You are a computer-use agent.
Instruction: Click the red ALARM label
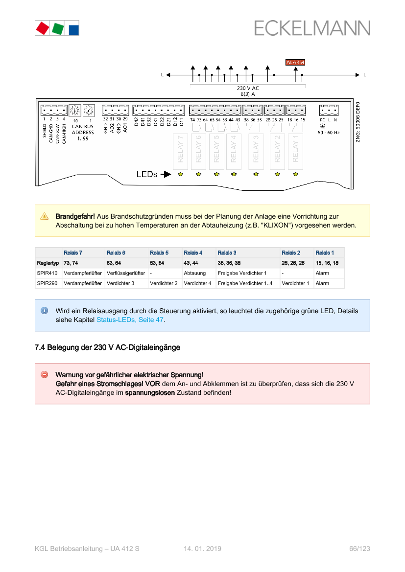(295, 63)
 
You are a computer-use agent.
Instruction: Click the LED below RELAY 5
(216, 174)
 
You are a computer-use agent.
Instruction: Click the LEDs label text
(146, 174)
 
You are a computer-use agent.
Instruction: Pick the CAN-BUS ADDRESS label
(83, 130)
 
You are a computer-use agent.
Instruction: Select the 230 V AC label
(248, 88)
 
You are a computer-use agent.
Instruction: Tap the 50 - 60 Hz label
(329, 133)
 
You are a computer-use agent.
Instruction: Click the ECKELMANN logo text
(312, 28)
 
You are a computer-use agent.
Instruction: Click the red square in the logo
(42, 28)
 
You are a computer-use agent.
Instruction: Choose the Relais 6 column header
(116, 253)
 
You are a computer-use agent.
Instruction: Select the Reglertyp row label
(48, 263)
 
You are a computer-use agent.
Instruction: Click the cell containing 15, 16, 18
(327, 263)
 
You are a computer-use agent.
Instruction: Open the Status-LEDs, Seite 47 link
(130, 320)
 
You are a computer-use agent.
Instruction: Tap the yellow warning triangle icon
(44, 216)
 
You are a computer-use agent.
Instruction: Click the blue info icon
(44, 311)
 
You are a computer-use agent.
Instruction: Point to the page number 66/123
(359, 549)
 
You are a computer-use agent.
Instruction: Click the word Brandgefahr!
(75, 216)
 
